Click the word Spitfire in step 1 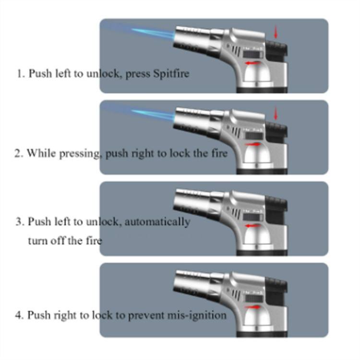pyautogui.click(x=171, y=74)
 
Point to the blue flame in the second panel pyautogui.click(x=153, y=115)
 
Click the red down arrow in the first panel pyautogui.click(x=276, y=32)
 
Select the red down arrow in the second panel pyautogui.click(x=276, y=113)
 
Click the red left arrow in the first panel pyautogui.click(x=252, y=63)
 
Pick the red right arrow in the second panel pyautogui.click(x=252, y=144)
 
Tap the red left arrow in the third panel pyautogui.click(x=252, y=226)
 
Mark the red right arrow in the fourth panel pyautogui.click(x=252, y=307)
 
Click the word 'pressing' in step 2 pyautogui.click(x=79, y=154)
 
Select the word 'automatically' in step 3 pyautogui.click(x=157, y=222)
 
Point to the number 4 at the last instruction pyautogui.click(x=19, y=315)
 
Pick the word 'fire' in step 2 pyautogui.click(x=219, y=154)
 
